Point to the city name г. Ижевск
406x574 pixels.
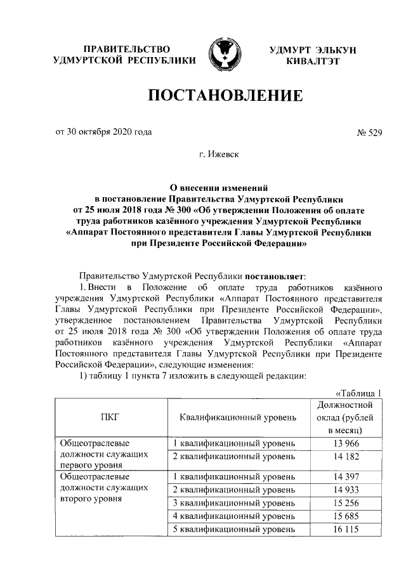click(223, 153)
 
